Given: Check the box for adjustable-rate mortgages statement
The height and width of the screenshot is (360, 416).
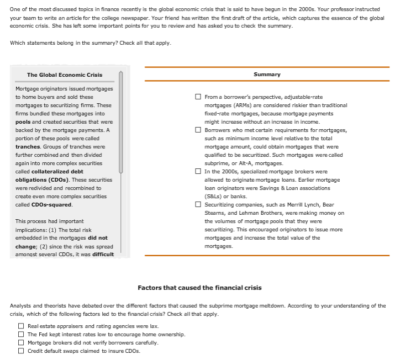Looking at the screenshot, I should [198, 97].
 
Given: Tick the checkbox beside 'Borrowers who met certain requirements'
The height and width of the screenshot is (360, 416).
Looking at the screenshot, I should [198, 130].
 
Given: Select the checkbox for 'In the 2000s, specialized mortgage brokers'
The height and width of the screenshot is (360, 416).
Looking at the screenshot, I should [198, 171].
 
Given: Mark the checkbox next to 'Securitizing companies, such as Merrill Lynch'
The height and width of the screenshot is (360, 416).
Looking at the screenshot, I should [198, 204].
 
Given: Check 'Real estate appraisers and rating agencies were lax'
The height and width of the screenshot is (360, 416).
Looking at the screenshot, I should [21, 326].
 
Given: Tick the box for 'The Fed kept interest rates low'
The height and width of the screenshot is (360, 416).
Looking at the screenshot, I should [21, 335].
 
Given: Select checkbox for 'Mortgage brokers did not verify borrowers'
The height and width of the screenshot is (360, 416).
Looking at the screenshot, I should [21, 343].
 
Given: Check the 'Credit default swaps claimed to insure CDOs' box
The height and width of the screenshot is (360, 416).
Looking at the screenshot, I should [21, 351].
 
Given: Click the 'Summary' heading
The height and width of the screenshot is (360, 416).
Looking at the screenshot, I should [267, 75].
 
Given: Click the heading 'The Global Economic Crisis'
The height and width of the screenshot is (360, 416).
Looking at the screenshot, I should [65, 75].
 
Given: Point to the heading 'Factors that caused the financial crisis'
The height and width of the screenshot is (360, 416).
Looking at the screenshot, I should [199, 288].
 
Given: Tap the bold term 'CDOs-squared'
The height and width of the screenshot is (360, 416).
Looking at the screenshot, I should [51, 205].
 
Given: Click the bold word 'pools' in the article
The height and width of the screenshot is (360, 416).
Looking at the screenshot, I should [23, 121].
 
